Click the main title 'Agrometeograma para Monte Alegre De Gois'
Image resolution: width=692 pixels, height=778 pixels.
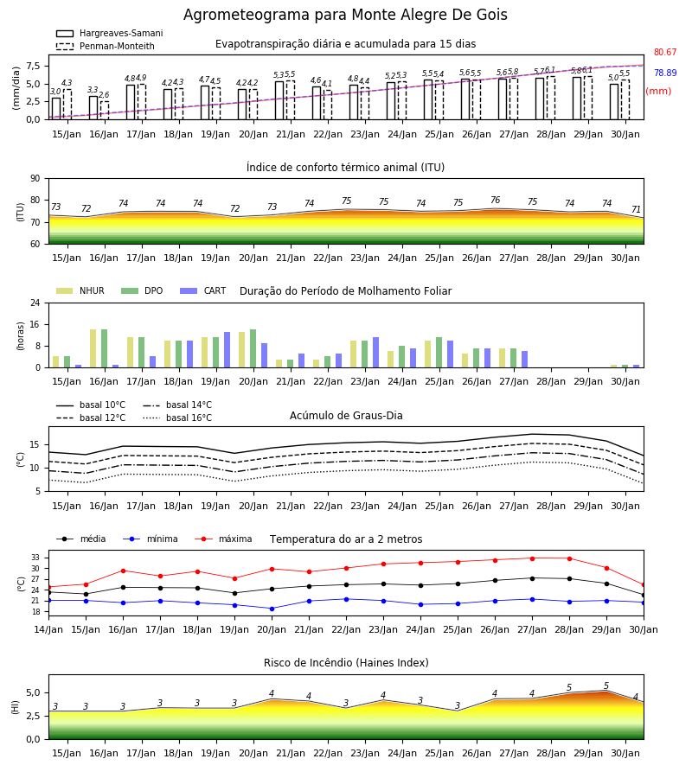pyautogui.click(x=345, y=15)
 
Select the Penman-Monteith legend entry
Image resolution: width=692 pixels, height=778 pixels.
pyautogui.click(x=106, y=46)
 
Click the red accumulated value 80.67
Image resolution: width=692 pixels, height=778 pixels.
pyautogui.click(x=665, y=52)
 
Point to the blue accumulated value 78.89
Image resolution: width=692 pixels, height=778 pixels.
pyautogui.click(x=665, y=73)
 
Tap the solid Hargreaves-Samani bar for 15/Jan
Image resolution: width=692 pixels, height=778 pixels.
pyautogui.click(x=56, y=109)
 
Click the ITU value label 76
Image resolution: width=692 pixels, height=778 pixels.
pyautogui.click(x=495, y=200)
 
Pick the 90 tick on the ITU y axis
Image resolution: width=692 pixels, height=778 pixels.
pyautogui.click(x=35, y=179)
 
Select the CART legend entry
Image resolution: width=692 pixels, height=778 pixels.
pyautogui.click(x=203, y=290)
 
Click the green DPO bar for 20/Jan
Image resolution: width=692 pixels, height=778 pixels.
pyautogui.click(x=253, y=348)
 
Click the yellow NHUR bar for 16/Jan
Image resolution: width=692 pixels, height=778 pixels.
pyautogui.click(x=93, y=348)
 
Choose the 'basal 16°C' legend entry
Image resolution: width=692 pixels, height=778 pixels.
pyautogui.click(x=177, y=418)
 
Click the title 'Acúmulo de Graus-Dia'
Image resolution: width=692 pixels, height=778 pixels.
pyautogui.click(x=346, y=415)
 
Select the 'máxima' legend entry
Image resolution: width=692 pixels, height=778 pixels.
pyautogui.click(x=223, y=539)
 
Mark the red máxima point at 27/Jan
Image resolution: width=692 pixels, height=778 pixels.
pyautogui.click(x=532, y=558)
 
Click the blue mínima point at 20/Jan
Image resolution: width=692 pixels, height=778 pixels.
pyautogui.click(x=272, y=609)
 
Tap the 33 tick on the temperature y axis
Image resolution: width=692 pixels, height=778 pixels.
pyautogui.click(x=40, y=558)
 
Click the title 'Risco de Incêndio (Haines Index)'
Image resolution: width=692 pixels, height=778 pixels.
pyautogui.click(x=346, y=662)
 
